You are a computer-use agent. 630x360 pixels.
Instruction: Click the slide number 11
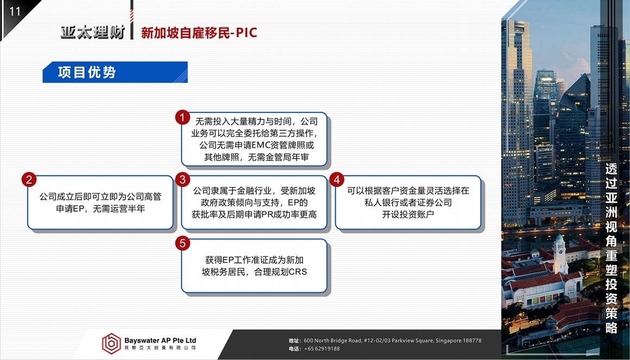[x=15, y=11]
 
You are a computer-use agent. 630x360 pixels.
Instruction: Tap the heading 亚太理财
[x=93, y=32]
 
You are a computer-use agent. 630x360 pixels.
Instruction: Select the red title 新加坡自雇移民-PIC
[x=199, y=33]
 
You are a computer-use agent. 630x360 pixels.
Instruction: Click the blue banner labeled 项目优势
[x=115, y=72]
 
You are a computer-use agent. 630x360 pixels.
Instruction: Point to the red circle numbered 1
[x=182, y=117]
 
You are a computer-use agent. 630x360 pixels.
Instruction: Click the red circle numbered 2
[x=29, y=180]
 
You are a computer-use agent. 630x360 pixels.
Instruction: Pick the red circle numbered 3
[x=182, y=180]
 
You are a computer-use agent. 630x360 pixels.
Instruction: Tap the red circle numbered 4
[x=336, y=180]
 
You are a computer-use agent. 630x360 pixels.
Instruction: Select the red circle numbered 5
[x=182, y=243]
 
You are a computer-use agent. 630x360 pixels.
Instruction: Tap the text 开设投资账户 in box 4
[x=408, y=214]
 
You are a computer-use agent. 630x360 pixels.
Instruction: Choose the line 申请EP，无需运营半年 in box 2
[x=100, y=209]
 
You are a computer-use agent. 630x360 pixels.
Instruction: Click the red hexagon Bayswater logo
[x=111, y=344]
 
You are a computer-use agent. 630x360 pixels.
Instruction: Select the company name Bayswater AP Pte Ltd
[x=160, y=340]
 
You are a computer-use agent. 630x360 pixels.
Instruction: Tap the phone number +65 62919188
[x=322, y=349]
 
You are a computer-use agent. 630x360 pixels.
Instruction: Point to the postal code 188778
[x=472, y=340]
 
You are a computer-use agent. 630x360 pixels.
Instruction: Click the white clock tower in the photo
[x=560, y=254]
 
